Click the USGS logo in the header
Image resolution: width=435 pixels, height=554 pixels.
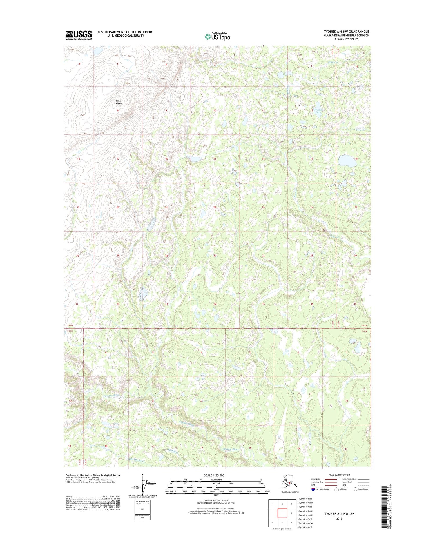pos(79,35)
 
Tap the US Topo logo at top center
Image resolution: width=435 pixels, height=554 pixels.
pos(217,37)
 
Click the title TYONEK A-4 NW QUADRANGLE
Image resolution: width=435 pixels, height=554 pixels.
pos(346,32)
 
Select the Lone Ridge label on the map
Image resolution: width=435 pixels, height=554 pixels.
pos(119,102)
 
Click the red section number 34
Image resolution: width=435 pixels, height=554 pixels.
pos(215,304)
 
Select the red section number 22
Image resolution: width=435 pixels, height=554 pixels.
pos(215,207)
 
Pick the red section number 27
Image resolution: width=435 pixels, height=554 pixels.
pos(215,256)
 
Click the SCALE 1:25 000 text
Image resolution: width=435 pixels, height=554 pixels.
pos(216,475)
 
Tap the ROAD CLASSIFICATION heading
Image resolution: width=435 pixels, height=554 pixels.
pos(339,475)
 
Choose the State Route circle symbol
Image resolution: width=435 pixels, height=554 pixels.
pos(355,489)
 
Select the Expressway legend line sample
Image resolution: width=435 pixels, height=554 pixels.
pos(331,479)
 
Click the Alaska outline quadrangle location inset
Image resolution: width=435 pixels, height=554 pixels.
pos(290,483)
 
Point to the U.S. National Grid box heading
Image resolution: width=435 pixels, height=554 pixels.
pos(142,501)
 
